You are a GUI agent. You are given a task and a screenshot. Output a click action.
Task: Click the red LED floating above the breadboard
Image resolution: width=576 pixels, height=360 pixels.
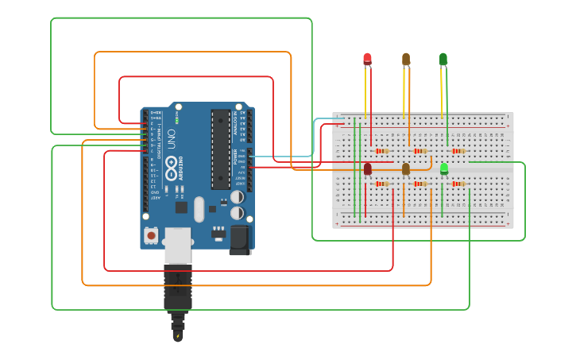pos(367,59)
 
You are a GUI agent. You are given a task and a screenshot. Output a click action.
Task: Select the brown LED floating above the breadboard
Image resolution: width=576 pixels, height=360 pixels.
pos(406,59)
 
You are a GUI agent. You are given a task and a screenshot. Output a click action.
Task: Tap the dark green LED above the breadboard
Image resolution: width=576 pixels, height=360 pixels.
pos(443,59)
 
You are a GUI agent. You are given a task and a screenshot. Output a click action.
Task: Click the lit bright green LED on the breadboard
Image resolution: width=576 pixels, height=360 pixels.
pos(444,168)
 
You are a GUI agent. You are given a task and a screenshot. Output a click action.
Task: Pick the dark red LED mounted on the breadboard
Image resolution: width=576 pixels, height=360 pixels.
pos(368,168)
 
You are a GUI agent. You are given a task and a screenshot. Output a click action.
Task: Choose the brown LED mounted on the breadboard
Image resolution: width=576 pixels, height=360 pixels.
pos(406,168)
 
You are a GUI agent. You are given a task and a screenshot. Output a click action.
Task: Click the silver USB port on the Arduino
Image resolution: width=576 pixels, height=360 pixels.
pos(178,244)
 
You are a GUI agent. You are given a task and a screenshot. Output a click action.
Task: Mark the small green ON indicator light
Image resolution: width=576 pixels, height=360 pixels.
pos(176,121)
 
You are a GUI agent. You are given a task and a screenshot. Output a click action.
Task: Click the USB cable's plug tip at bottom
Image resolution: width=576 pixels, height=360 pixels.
pos(177,333)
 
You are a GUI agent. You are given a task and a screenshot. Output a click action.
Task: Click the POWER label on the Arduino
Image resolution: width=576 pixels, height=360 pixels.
pos(244,159)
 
